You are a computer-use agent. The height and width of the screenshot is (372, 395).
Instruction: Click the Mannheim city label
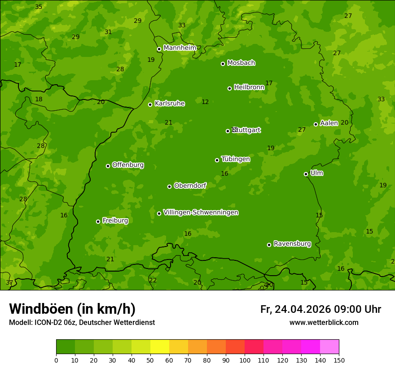(180, 48)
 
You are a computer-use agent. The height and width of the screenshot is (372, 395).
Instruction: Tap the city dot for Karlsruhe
(150, 104)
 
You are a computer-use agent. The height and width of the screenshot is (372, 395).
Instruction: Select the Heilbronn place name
(249, 87)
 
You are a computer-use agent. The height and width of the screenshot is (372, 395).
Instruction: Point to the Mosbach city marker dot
(223, 64)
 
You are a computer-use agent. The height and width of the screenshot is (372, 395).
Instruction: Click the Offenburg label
(128, 165)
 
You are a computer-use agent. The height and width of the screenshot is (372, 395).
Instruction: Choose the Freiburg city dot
(98, 221)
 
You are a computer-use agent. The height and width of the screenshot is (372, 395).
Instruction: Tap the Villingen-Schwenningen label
(201, 212)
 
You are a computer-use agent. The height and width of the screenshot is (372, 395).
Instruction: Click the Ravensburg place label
(292, 244)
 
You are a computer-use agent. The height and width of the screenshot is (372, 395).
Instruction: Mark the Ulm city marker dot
(306, 174)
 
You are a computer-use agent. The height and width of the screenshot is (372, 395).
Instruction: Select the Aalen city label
(329, 123)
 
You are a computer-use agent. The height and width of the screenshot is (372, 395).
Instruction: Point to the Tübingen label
(236, 159)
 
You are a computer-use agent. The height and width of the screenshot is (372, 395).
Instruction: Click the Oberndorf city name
(190, 186)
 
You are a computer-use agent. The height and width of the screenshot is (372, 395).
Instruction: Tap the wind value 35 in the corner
(39, 7)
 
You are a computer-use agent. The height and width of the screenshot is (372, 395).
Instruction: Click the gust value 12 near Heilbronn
(205, 102)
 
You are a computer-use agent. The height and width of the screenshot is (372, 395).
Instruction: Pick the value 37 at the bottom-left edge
(9, 282)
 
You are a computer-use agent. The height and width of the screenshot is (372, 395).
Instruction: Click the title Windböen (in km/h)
(72, 309)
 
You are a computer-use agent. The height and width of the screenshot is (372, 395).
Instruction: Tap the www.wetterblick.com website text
(324, 323)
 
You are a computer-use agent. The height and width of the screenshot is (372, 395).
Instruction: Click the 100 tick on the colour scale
(245, 360)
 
